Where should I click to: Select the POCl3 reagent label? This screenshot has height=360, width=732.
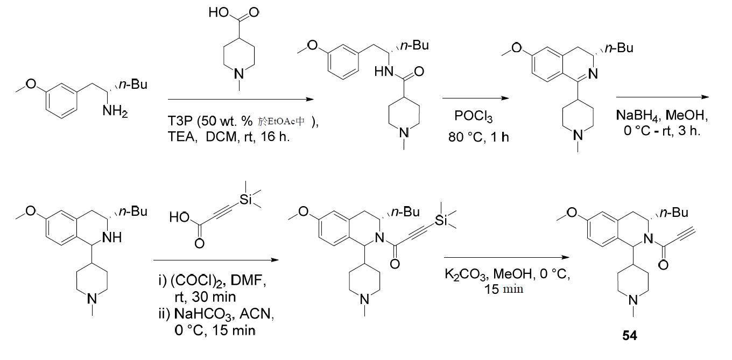[x=473, y=116]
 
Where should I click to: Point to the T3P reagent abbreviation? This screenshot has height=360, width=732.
[x=180, y=121]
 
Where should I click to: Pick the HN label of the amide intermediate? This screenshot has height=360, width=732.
[x=384, y=71]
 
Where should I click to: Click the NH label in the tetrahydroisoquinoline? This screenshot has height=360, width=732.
[x=112, y=237]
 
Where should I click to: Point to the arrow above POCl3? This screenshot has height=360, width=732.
[x=475, y=98]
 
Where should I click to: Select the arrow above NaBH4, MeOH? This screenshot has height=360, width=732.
[x=663, y=97]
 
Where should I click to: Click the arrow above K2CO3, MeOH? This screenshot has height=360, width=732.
[x=506, y=257]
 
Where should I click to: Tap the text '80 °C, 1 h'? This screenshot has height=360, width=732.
[x=478, y=137]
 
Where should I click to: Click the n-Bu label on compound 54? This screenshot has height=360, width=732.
[x=674, y=213]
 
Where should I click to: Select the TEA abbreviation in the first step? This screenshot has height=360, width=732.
[x=182, y=137]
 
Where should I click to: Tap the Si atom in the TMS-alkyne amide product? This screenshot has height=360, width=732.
[x=441, y=221]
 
